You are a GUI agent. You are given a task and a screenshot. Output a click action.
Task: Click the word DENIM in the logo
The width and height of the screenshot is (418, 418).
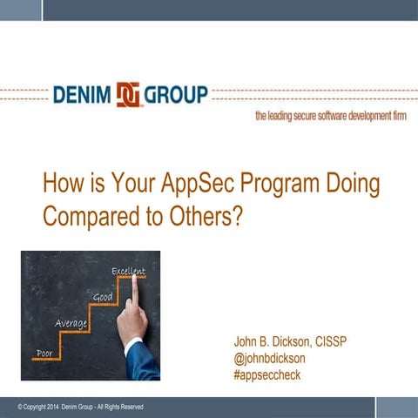coord(88,94)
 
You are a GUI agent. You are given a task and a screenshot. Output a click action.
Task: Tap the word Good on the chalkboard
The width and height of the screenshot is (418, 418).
coord(103,298)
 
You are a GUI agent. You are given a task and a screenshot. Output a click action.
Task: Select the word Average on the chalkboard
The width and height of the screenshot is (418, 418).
coord(71,323)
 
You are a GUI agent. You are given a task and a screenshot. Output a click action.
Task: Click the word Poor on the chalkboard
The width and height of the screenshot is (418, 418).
coord(44,353)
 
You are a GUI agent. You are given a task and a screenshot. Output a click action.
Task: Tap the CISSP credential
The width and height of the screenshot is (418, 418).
coord(328,341)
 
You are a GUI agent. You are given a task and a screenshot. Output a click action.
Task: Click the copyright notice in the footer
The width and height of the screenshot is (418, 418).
coord(80,407)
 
